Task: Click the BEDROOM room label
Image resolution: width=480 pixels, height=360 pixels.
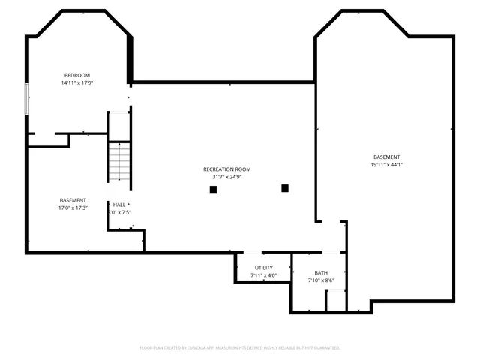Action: click(76, 75)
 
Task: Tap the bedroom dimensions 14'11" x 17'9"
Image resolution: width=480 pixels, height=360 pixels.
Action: click(76, 83)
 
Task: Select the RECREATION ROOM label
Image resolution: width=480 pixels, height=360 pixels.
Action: click(226, 169)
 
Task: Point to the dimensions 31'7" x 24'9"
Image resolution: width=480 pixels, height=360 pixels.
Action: click(226, 178)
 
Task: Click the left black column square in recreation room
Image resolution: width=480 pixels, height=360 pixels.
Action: click(213, 190)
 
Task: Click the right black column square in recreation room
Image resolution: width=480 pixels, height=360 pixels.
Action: click(285, 187)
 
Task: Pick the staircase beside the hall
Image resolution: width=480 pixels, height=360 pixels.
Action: click(119, 161)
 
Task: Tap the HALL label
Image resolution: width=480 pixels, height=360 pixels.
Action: click(119, 205)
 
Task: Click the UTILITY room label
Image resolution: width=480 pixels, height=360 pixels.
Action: click(263, 268)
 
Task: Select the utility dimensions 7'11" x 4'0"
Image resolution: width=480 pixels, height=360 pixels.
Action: click(263, 276)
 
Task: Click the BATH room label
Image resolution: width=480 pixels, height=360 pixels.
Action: click(321, 273)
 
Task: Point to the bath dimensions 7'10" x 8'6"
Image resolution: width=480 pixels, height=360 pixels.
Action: click(321, 281)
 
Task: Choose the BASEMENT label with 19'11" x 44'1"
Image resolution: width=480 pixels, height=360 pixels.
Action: click(386, 157)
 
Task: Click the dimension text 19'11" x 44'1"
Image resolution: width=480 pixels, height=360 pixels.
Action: click(386, 165)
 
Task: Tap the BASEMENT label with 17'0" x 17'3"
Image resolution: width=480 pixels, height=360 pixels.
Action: click(73, 200)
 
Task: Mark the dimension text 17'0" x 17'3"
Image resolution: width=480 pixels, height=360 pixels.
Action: click(73, 208)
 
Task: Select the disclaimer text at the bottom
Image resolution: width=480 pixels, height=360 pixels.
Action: click(240, 348)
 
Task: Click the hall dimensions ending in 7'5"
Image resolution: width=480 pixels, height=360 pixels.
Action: click(119, 213)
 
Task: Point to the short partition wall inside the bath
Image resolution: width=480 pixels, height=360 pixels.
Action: click(326, 298)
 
